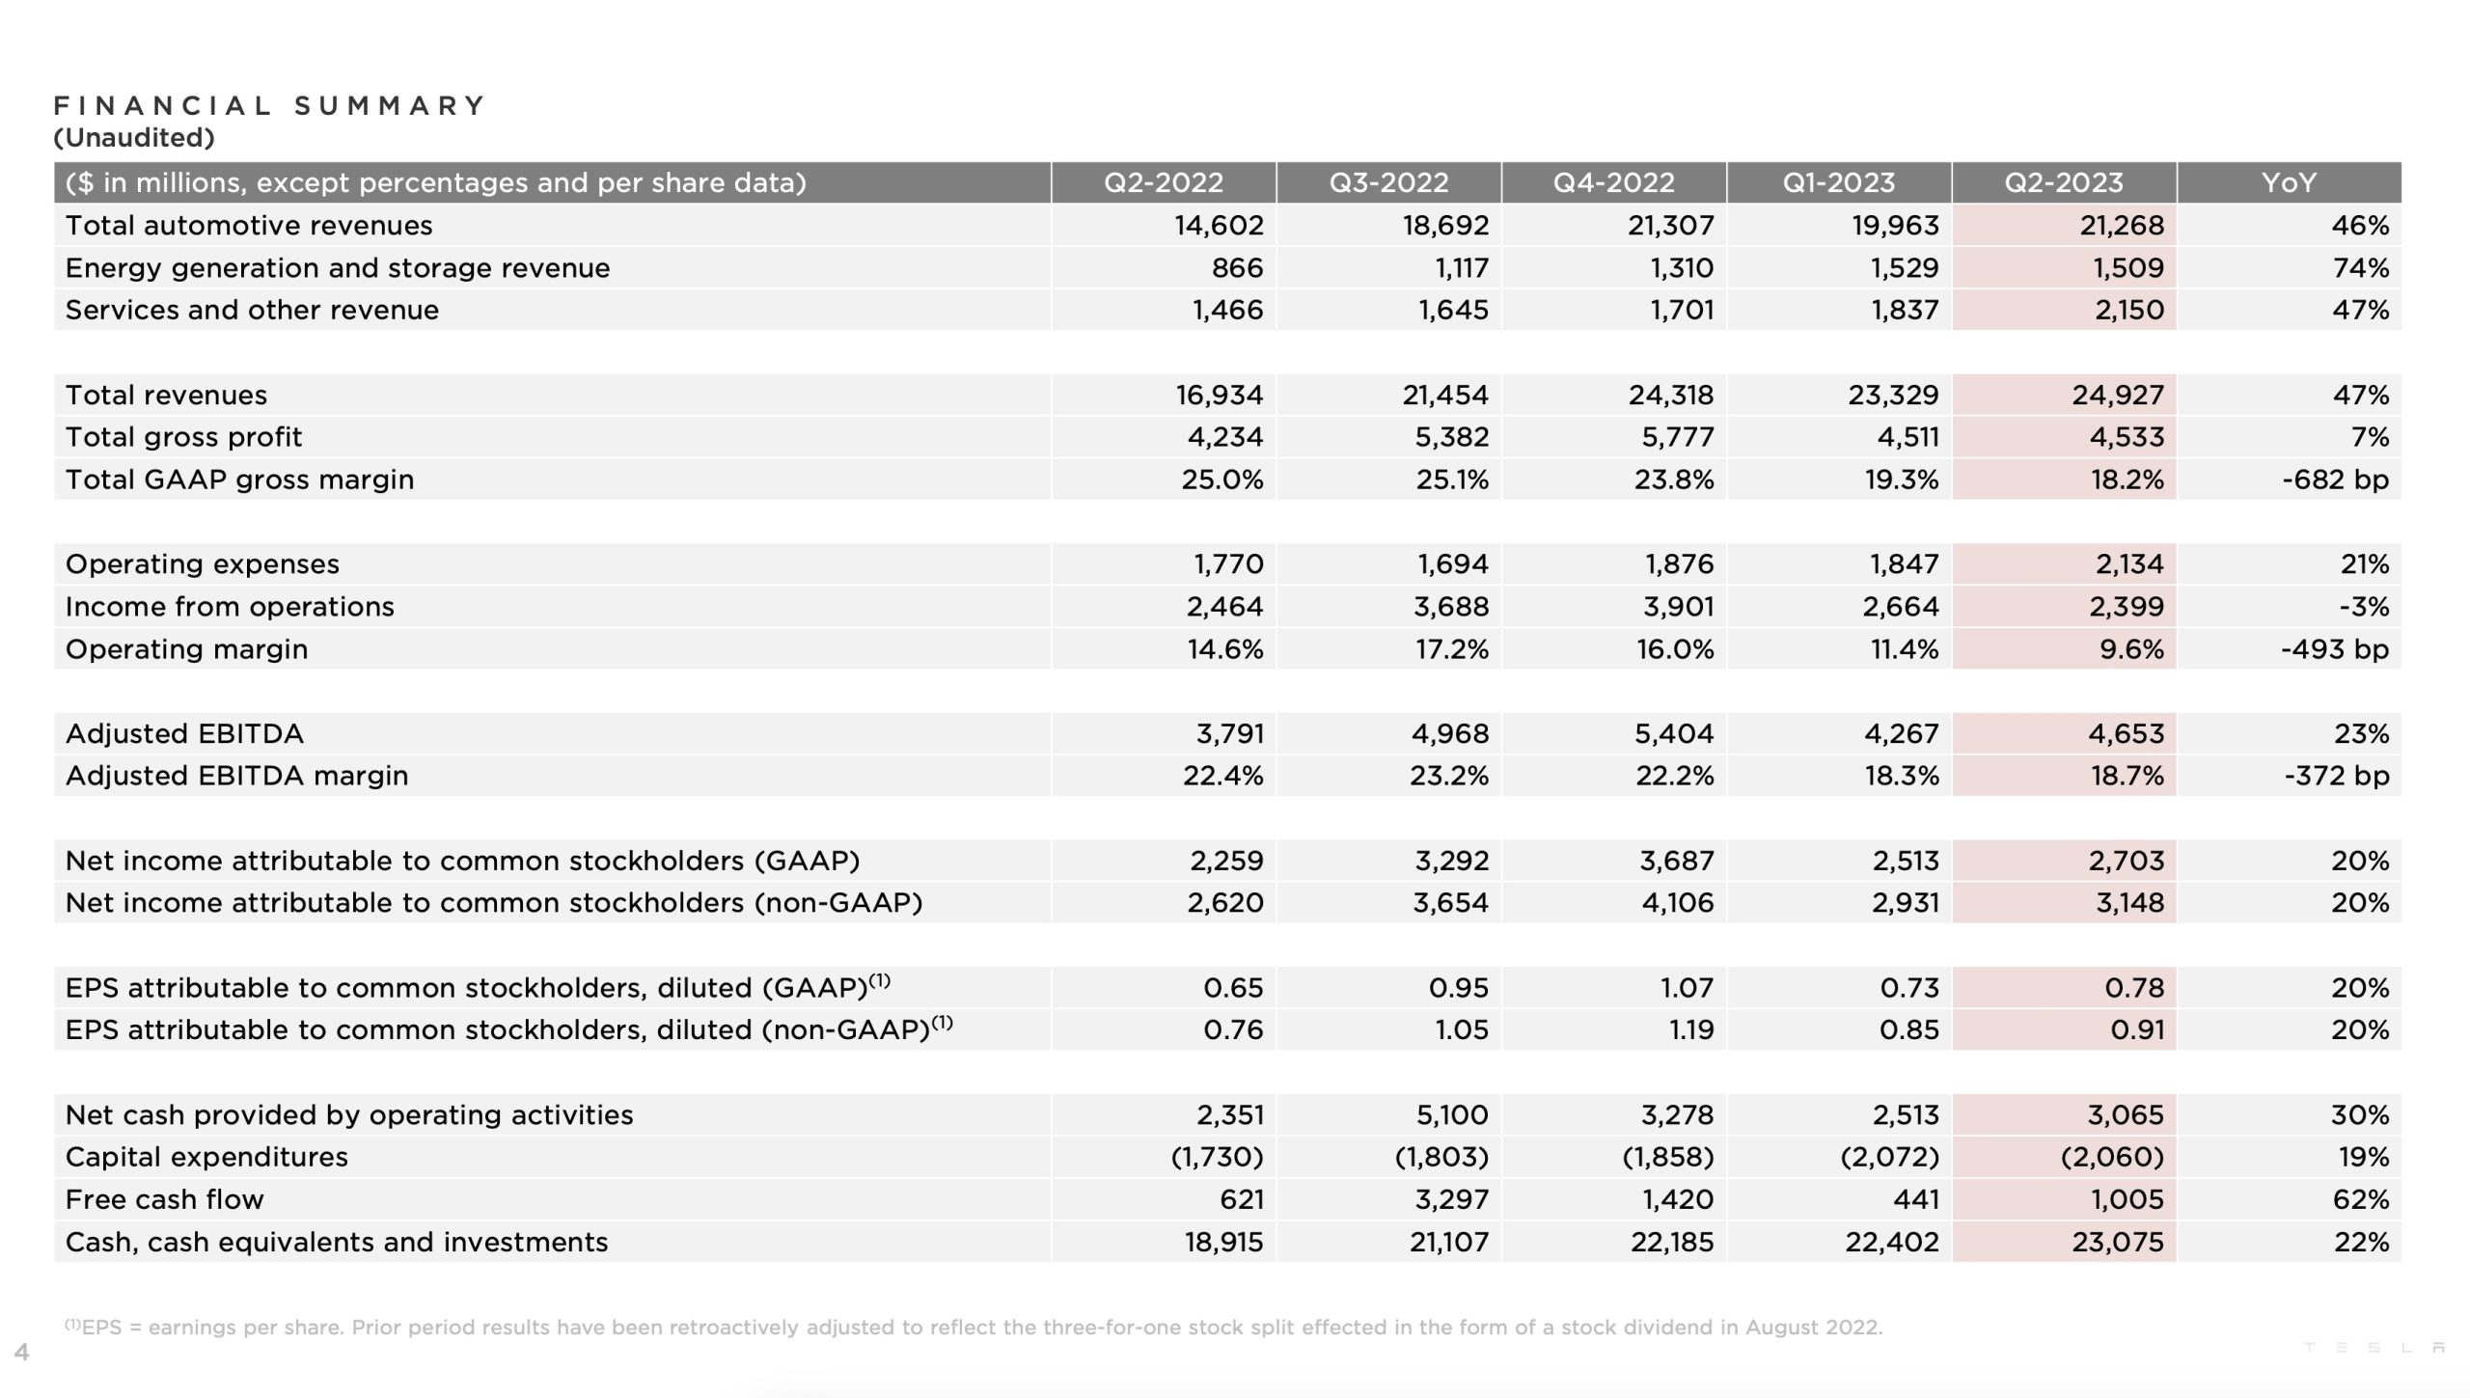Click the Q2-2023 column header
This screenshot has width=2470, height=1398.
point(2064,182)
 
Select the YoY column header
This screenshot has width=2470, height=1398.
point(2289,182)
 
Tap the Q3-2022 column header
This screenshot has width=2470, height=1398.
point(1388,182)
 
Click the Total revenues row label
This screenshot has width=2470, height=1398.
point(166,395)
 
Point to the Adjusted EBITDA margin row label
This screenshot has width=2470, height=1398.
point(236,776)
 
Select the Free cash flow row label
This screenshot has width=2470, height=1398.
point(164,1199)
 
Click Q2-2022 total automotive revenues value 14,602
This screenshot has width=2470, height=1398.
point(1219,226)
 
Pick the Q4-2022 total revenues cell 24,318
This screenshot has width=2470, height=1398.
point(1671,395)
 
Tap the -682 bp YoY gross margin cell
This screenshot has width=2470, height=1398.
point(2335,480)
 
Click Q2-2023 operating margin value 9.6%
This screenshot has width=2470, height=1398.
point(2131,649)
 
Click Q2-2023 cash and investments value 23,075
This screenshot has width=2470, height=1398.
point(2118,1242)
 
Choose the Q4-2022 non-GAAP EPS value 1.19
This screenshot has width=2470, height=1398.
point(1691,1029)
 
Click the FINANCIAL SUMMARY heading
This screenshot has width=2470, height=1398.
point(270,105)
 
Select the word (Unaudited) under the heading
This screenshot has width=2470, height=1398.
point(134,138)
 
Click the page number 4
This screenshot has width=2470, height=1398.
point(22,1352)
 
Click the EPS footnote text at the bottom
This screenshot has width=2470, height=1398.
point(974,1328)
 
